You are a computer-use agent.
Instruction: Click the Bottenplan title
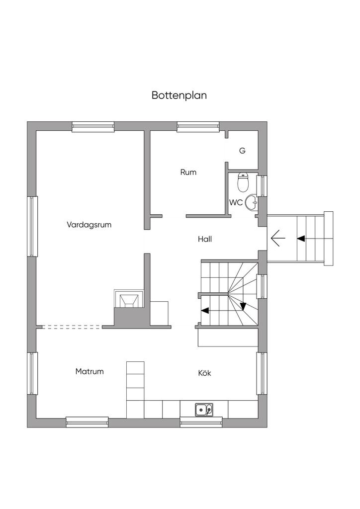[179, 95]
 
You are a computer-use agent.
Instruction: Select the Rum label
[188, 172]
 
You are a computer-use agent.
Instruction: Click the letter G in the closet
[242, 151]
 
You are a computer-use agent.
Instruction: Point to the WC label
[235, 203]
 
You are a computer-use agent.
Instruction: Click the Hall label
[205, 239]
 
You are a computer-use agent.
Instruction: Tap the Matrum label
[90, 371]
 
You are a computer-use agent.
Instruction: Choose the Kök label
[204, 373]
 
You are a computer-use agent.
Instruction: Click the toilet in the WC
[243, 182]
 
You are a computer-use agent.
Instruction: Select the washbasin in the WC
[252, 201]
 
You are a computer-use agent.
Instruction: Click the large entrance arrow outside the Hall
[278, 239]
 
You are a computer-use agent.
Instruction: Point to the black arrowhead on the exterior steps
[301, 239]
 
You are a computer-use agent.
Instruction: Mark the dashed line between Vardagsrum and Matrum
[73, 327]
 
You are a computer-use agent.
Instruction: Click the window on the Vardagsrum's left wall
[33, 226]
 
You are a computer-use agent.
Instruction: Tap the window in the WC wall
[262, 185]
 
